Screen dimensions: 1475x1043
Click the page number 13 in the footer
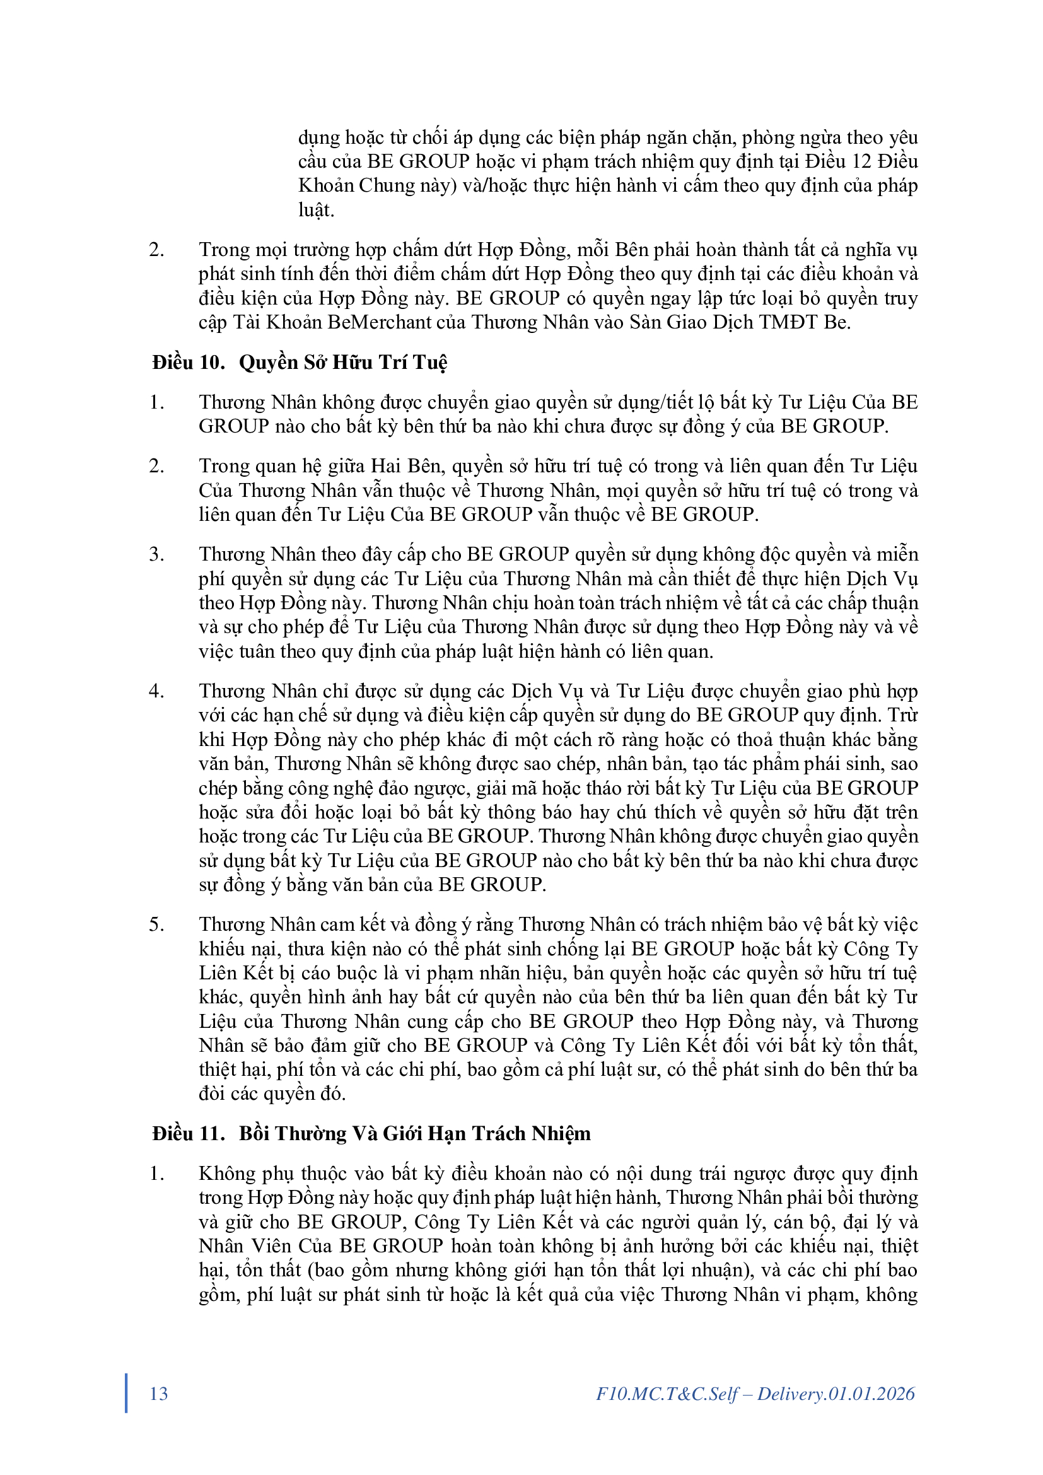[x=159, y=1394]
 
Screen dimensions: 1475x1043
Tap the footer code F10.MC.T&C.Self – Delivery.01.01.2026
[x=755, y=1394]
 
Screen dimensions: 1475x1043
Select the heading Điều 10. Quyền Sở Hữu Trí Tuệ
[x=300, y=363]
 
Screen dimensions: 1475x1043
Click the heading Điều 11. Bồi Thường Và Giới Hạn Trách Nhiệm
[x=371, y=1133]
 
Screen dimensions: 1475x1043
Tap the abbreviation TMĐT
[x=788, y=322]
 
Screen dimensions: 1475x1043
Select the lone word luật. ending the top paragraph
[x=316, y=210]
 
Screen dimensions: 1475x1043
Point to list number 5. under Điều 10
[x=157, y=924]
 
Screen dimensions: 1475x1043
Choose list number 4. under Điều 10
[x=157, y=691]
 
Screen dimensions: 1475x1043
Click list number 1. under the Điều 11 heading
[x=157, y=1174]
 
